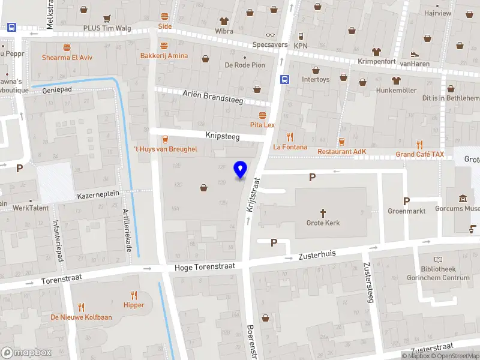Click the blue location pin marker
click(x=241, y=170)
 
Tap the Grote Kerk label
click(x=323, y=223)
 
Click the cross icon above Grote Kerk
click(x=323, y=212)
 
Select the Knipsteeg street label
click(x=222, y=137)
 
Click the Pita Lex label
click(x=262, y=125)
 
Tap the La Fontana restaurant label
click(x=290, y=147)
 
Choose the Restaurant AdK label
click(x=341, y=152)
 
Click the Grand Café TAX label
click(x=420, y=154)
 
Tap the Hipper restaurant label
click(x=133, y=305)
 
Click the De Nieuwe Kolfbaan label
click(x=81, y=317)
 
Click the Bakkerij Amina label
click(x=164, y=56)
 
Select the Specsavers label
click(x=270, y=44)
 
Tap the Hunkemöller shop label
click(x=396, y=90)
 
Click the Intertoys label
click(x=316, y=79)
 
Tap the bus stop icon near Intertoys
click(x=284, y=79)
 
